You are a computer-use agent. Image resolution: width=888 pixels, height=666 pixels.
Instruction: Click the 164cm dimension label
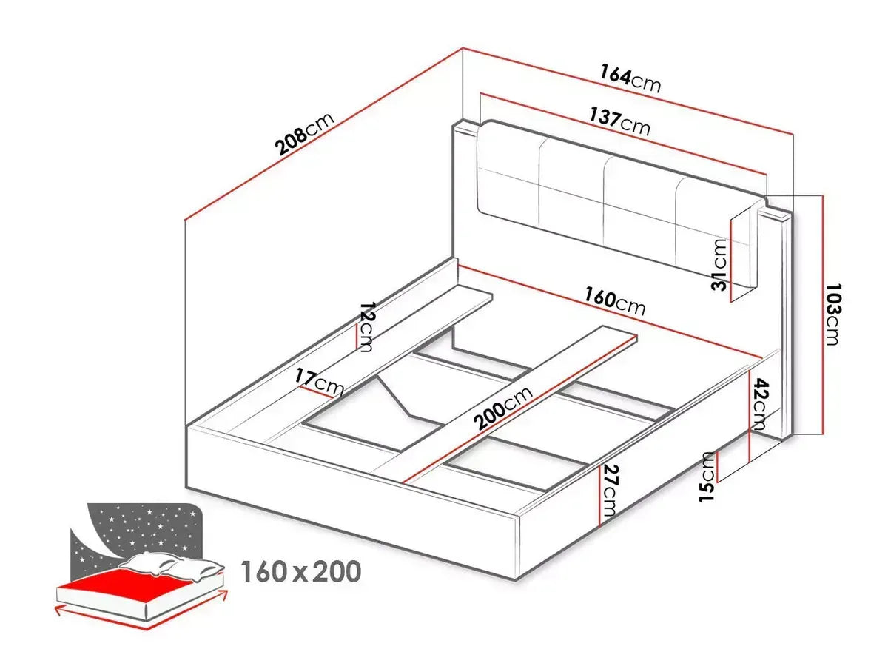click(x=630, y=79)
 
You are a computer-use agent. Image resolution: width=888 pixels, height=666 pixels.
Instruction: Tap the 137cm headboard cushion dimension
click(x=619, y=121)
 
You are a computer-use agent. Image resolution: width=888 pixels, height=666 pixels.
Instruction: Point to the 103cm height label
click(x=834, y=314)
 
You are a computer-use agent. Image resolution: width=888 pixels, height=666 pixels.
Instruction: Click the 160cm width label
click(x=613, y=302)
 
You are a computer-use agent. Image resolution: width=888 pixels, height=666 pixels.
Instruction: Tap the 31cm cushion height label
click(x=719, y=264)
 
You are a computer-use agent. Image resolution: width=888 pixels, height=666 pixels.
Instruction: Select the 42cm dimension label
click(x=760, y=404)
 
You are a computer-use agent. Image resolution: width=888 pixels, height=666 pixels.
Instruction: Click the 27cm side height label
click(x=610, y=491)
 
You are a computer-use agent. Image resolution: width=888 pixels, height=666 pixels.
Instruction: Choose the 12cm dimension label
click(x=366, y=326)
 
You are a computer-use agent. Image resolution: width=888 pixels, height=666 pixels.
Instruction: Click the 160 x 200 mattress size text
click(x=301, y=571)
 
